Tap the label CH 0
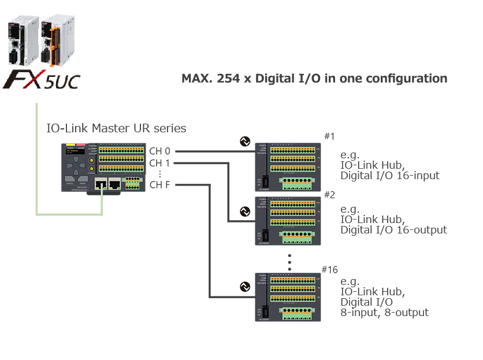[x=159, y=151]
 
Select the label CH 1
[x=159, y=163]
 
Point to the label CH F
[x=159, y=185]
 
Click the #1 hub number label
[x=330, y=136]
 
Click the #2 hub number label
[x=330, y=195]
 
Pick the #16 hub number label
[x=329, y=269]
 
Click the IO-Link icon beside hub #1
[x=245, y=141]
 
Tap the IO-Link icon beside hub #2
[x=245, y=212]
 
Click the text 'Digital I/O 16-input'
[x=390, y=175]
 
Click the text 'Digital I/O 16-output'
[x=393, y=230]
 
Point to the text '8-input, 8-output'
[x=384, y=313]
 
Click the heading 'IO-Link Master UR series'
[x=116, y=128]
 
